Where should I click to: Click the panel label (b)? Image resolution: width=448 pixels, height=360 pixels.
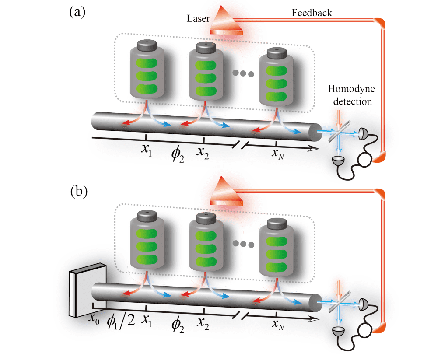coord(77,191)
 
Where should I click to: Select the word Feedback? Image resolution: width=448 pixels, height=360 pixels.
coord(311,13)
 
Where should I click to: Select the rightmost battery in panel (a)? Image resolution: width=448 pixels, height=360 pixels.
coord(276,79)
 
